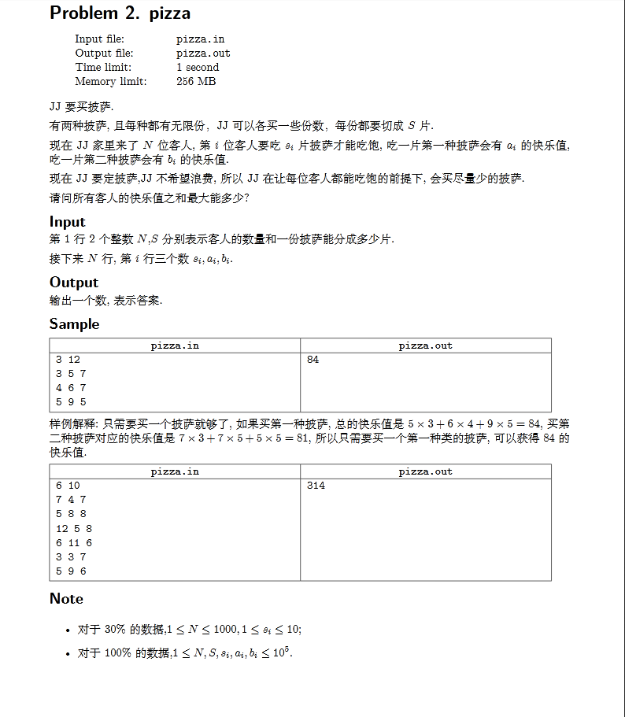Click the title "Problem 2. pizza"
coord(120,13)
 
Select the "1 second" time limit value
coord(198,67)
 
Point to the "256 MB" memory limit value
coord(196,81)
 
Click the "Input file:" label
coord(99,39)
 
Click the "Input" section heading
coord(67,221)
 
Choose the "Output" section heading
coord(74,282)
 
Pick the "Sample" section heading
coord(74,323)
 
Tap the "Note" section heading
coord(66,598)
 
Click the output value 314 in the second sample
coord(316,486)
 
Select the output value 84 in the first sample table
coord(312,360)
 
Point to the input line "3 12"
coord(68,360)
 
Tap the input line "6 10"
coord(68,486)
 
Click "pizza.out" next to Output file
coord(203,53)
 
